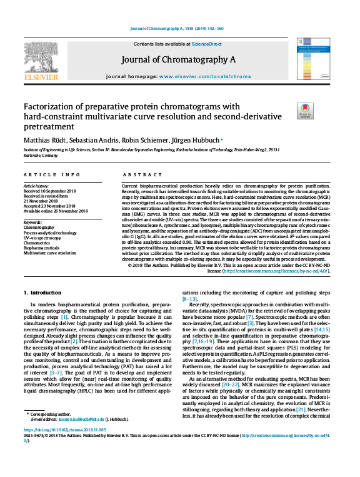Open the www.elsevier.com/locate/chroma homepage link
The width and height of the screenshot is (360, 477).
[207, 76]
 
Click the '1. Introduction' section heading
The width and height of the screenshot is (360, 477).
[44, 293]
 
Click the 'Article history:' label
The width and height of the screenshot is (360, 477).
[37, 186]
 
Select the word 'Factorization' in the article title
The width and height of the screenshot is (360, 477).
[48, 106]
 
